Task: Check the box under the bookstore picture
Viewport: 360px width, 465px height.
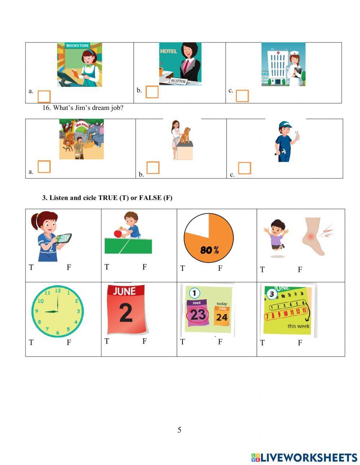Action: [x=44, y=96]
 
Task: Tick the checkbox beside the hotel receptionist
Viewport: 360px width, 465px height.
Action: [x=152, y=92]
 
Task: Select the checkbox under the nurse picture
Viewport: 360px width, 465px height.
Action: [x=242, y=96]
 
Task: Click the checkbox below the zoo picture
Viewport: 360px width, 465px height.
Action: [x=44, y=166]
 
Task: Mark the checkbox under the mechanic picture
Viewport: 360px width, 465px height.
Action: [x=244, y=168]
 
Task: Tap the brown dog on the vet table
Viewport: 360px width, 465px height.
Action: [x=185, y=135]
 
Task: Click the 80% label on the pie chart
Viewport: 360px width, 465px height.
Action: [x=209, y=250]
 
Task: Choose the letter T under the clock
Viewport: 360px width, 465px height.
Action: [x=31, y=342]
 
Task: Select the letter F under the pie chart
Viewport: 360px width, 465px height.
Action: [x=220, y=268]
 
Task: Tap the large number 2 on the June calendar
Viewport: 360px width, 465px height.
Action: [x=126, y=313]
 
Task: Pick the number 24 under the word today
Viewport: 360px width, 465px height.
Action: [x=222, y=317]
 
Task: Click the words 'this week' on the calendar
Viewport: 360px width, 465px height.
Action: [x=298, y=326]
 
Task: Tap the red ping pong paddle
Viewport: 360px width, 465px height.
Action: [x=118, y=233]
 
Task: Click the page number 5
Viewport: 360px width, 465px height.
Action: [x=179, y=430]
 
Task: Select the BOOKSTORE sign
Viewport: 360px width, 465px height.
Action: [x=78, y=46]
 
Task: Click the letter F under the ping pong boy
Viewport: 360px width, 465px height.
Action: [x=144, y=267]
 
